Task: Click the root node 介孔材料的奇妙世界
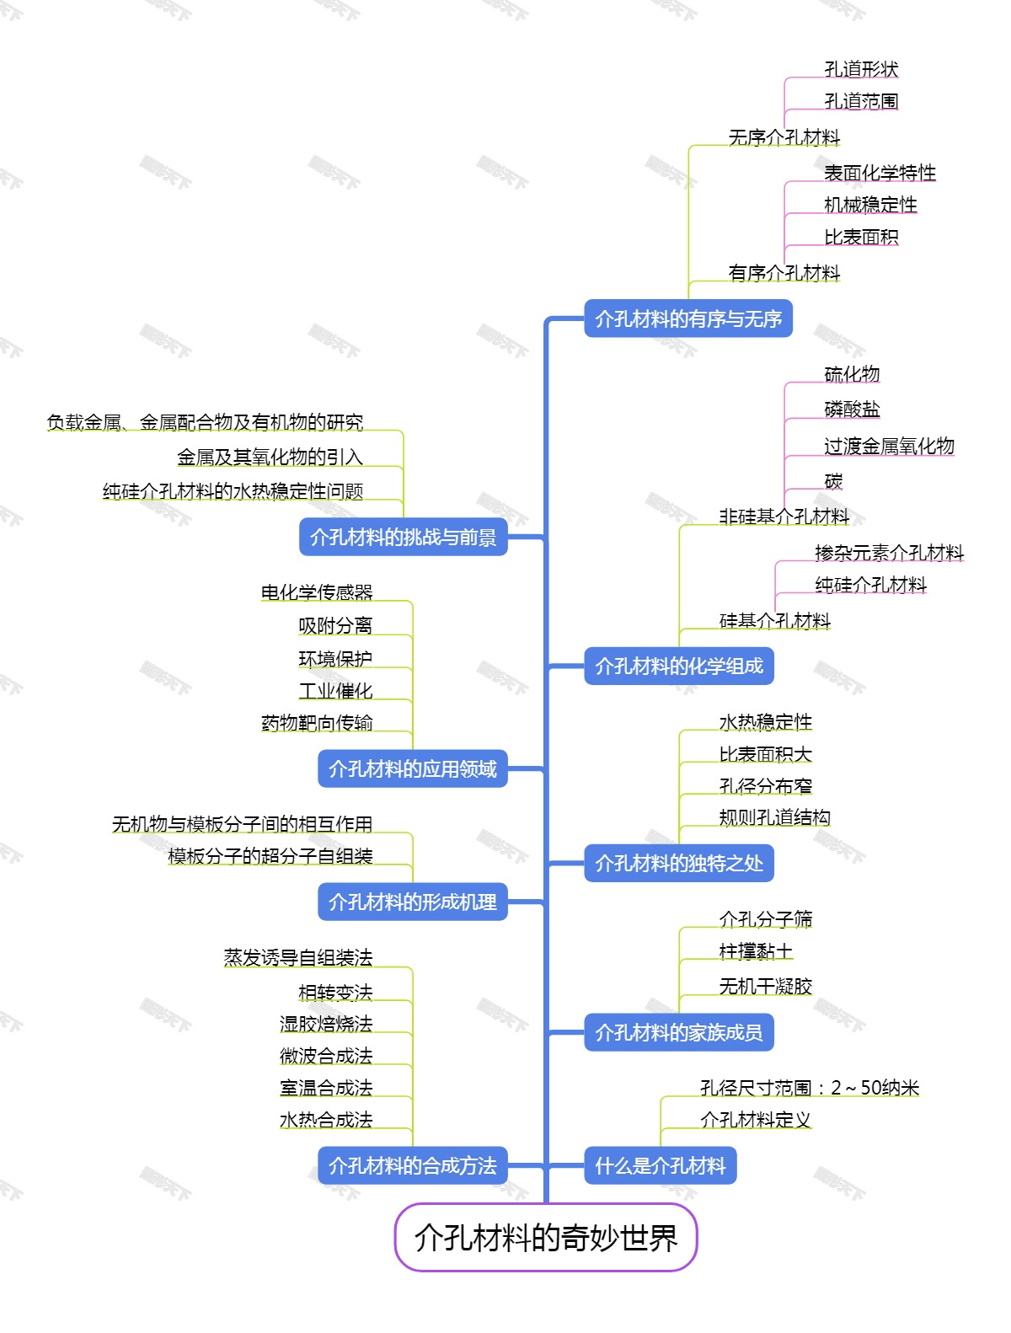(546, 1237)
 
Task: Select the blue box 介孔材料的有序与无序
(688, 319)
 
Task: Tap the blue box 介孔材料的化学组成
(679, 666)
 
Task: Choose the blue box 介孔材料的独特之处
(679, 863)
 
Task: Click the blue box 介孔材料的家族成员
(679, 1032)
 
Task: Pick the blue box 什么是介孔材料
(661, 1166)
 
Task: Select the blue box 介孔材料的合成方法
(413, 1166)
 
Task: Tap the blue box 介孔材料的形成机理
(413, 902)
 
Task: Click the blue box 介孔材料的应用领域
(413, 768)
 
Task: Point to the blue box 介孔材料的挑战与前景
(404, 537)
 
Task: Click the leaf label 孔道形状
(861, 69)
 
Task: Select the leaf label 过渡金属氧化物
(889, 446)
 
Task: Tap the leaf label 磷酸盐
(852, 410)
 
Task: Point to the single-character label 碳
(833, 481)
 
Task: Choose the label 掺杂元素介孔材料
(889, 553)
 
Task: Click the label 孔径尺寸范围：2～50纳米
(810, 1088)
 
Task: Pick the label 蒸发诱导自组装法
(298, 957)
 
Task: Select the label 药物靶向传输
(317, 723)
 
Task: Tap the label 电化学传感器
(317, 592)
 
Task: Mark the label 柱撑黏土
(756, 951)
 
